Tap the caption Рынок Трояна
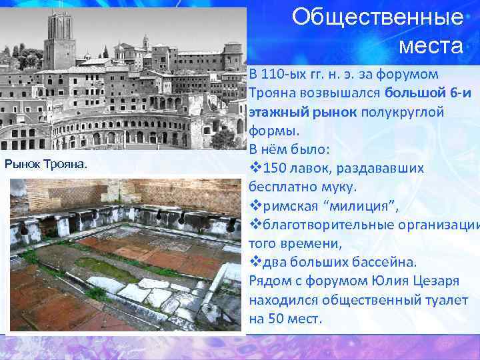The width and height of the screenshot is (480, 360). (46, 164)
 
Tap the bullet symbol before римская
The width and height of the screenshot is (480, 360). (254, 206)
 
